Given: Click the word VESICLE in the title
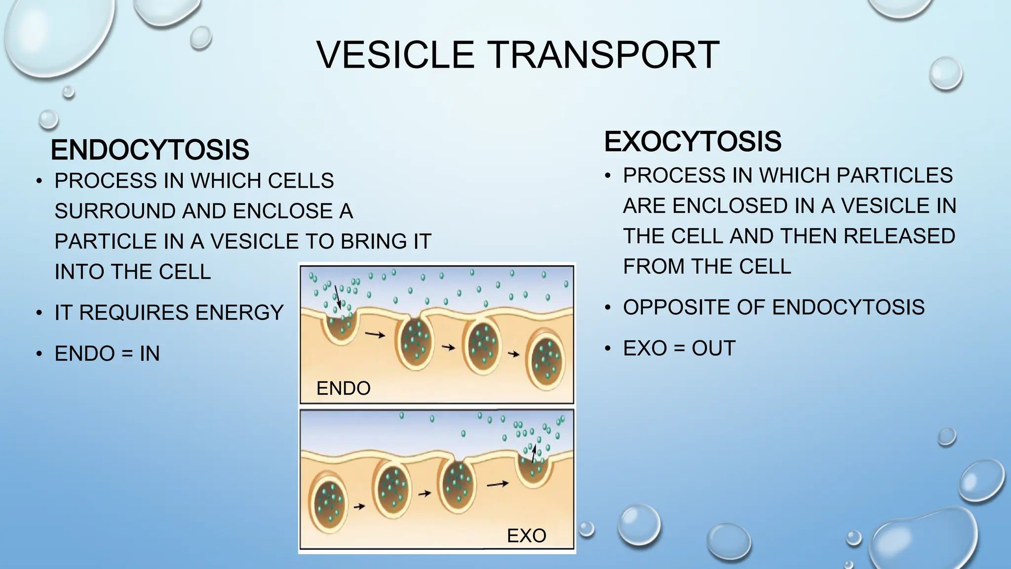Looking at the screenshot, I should coord(395,55).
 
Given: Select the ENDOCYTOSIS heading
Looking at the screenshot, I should coord(150,150).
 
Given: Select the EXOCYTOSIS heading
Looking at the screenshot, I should coord(693,142).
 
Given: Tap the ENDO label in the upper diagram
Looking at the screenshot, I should coord(343,388).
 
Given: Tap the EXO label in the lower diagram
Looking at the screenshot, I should coord(526,536).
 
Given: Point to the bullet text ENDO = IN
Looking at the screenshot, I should coord(107,354).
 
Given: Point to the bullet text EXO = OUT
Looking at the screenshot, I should coord(679,348).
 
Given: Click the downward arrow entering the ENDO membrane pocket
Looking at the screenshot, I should coord(338,296).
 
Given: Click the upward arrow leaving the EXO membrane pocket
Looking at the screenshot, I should coord(534,453).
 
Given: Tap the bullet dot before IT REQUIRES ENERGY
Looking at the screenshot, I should coord(39,313).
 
